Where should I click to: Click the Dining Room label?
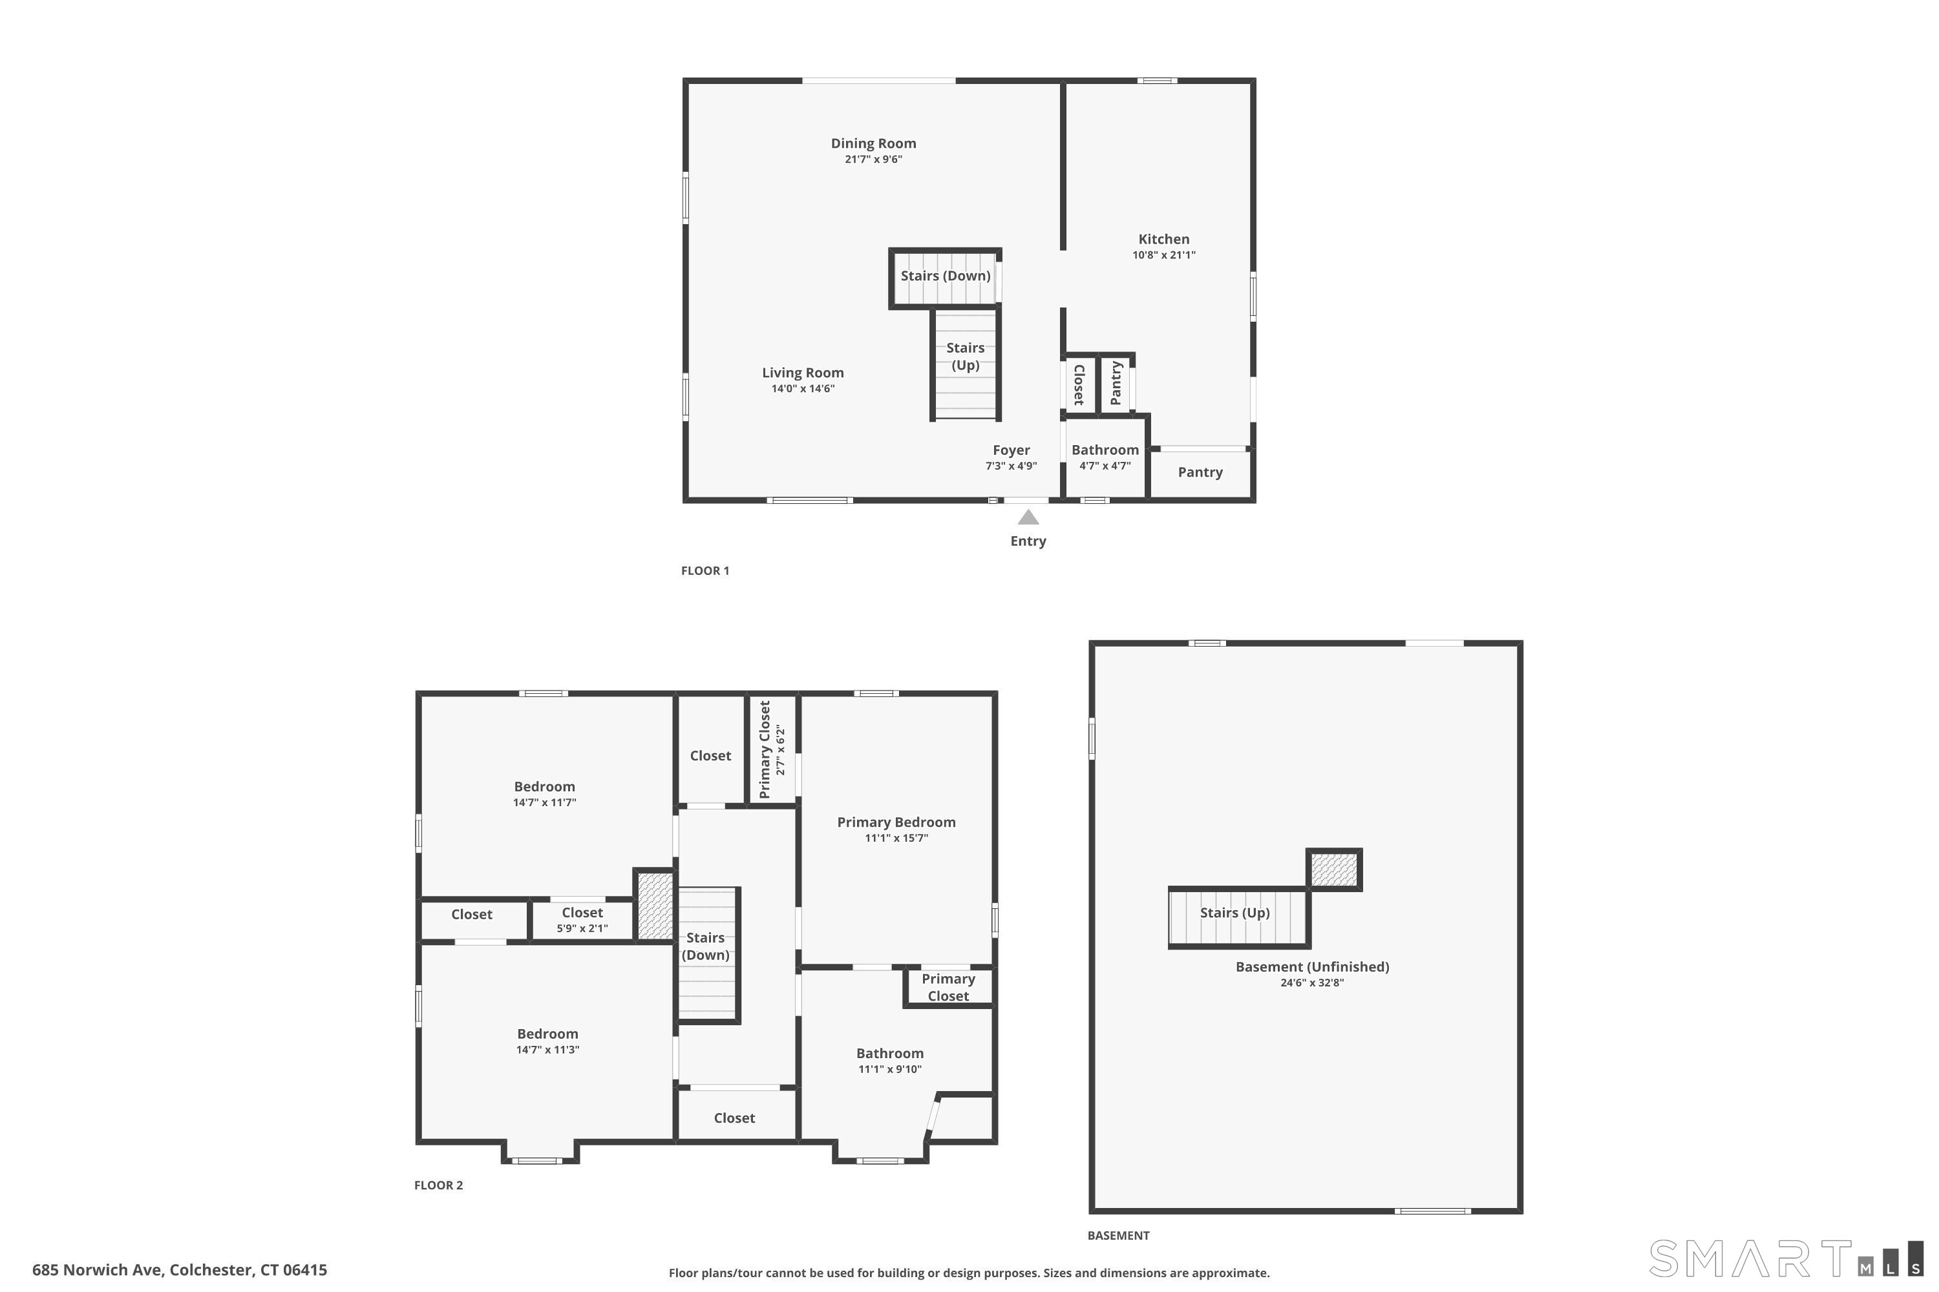pos(873,143)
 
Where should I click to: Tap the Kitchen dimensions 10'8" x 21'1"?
pos(1163,255)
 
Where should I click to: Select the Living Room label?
pos(802,373)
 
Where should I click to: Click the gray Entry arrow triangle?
pos(1027,517)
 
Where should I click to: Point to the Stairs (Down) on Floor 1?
pos(945,276)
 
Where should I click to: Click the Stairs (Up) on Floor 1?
pos(964,357)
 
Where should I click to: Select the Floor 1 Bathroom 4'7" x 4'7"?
pos(1105,457)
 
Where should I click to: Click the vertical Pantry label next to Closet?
pos(1116,383)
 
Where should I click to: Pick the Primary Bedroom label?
pos(896,822)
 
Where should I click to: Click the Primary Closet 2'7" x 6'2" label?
pos(772,750)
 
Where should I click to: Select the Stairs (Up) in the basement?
pos(1234,913)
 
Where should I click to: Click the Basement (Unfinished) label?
pos(1311,967)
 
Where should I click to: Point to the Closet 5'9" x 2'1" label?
pos(582,919)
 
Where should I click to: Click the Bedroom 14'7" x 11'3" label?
pos(547,1041)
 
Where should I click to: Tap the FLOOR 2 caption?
pos(439,1185)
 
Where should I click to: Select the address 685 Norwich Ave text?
pos(180,1270)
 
